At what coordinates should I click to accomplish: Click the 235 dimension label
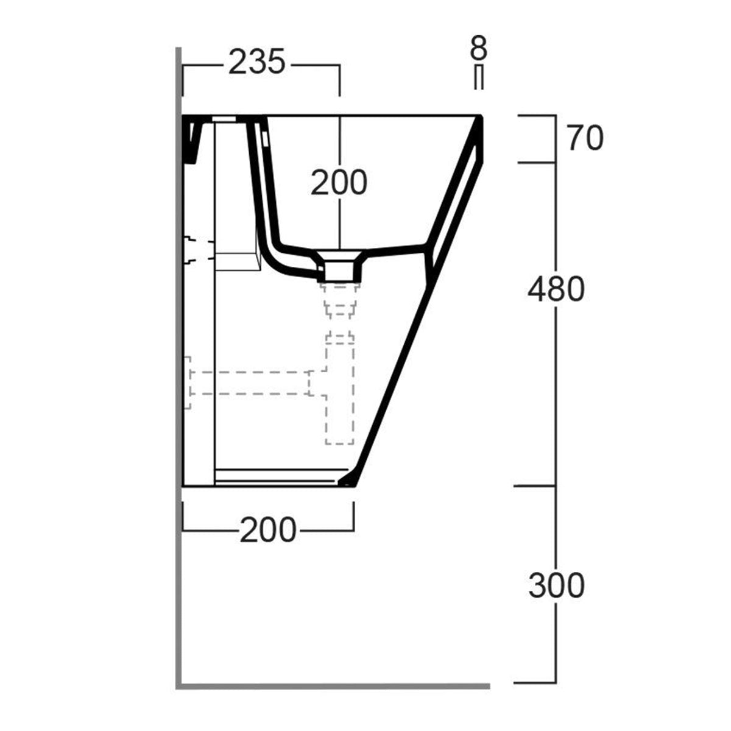256,63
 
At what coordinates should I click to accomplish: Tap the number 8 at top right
479,48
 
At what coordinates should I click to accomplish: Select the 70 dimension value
585,139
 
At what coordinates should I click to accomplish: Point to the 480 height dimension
556,290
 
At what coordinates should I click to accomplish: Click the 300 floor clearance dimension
556,586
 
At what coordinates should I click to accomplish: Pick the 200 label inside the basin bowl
339,182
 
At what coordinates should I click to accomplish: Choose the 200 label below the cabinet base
267,531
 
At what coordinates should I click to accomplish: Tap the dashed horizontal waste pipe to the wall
250,382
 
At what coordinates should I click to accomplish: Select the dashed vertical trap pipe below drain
339,390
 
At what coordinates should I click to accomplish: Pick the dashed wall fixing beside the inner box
195,250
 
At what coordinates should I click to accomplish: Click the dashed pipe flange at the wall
188,382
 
